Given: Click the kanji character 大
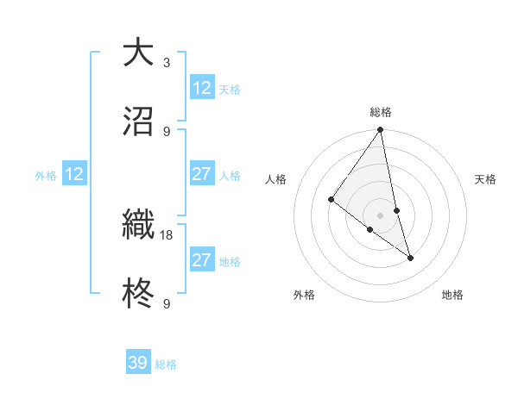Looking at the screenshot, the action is point(138,52).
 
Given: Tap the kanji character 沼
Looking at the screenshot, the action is point(138,122).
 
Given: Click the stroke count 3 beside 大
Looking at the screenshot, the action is point(166,62).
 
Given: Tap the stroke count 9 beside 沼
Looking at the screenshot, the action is point(166,131).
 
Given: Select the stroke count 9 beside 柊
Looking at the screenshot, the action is point(166,303).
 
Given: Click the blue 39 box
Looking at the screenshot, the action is point(138,363).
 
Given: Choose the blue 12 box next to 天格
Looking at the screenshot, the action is point(202,88).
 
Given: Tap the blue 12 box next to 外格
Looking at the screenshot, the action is point(74,174).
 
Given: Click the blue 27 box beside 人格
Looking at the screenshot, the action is point(202,174).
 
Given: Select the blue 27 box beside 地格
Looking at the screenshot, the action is point(202,260).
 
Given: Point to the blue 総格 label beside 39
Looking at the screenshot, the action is point(166,364).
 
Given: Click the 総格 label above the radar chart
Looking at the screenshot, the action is point(381,112).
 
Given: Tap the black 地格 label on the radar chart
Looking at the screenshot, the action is point(452,295).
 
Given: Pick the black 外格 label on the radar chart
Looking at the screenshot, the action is point(304,295).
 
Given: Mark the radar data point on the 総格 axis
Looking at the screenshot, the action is point(381,131).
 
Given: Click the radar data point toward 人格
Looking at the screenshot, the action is point(332,200).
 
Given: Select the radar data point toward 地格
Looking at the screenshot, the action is point(410,258).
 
